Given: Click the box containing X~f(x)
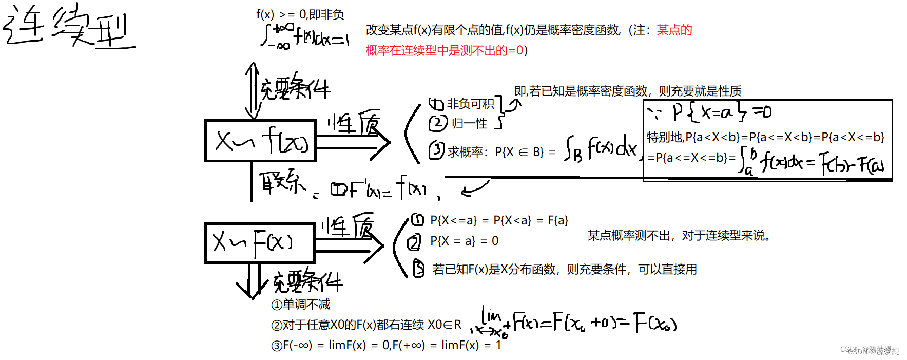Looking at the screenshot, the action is tap(260, 141).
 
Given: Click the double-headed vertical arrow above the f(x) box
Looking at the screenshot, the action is tap(252, 91).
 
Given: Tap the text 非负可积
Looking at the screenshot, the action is tap(470, 104).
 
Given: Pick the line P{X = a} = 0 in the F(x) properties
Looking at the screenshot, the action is tap(464, 241).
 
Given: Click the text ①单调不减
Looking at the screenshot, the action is tap(301, 305).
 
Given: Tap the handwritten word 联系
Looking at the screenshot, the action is tap(282, 182).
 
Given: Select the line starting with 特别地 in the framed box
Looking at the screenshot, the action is tap(765, 137).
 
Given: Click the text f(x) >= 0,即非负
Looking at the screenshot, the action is tap(300, 14).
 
